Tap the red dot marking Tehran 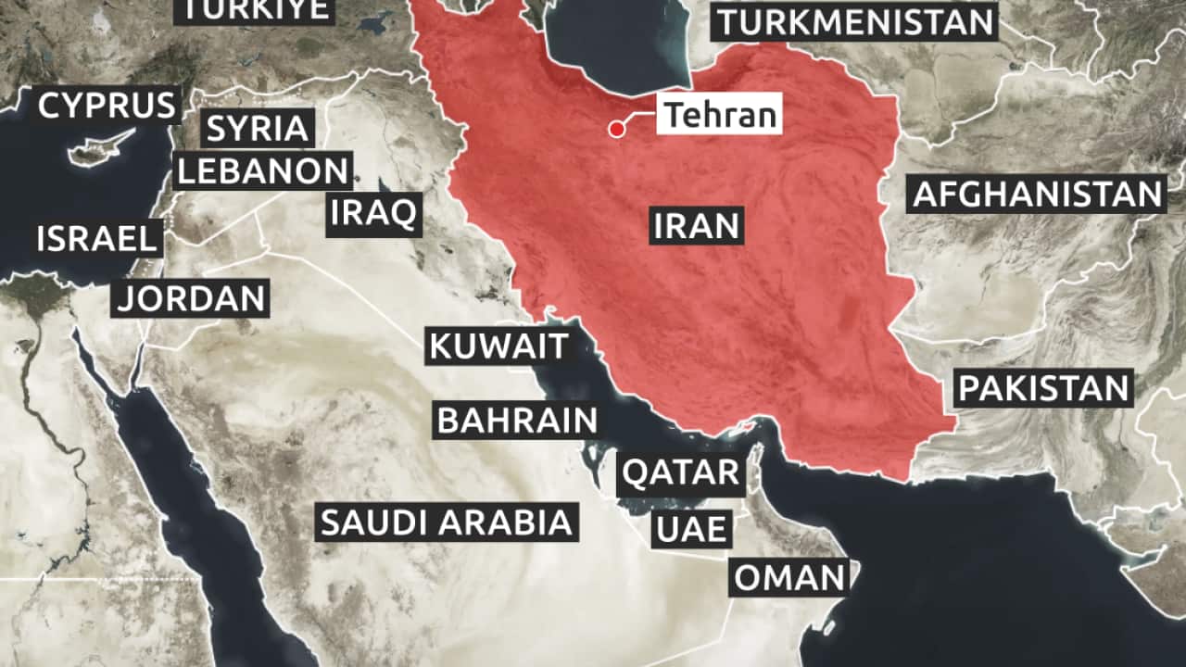point(616,130)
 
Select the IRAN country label point(696,225)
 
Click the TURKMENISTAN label point(853,21)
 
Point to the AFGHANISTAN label point(1037,195)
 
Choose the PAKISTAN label point(1044,388)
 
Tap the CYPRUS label point(107,106)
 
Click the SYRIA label point(258,128)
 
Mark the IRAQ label point(374,213)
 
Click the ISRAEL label point(96,239)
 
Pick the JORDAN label point(191,298)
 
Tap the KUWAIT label point(498,346)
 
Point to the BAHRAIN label point(517,421)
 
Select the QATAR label point(681,473)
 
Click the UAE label point(691,531)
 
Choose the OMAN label point(790,578)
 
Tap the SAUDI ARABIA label point(446,522)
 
